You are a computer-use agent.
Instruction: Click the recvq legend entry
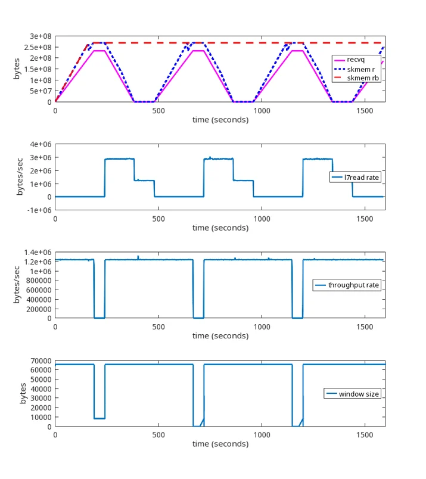tap(350, 60)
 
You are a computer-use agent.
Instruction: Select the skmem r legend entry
tap(355, 69)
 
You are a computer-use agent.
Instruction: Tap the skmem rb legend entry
tap(356, 78)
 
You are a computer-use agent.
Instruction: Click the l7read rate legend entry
tap(355, 177)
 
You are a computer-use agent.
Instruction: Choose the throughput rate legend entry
tap(347, 285)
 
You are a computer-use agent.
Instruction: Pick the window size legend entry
tap(353, 394)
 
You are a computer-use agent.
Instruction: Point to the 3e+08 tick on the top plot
tap(41, 36)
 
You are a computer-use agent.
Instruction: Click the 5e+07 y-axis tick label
tap(41, 91)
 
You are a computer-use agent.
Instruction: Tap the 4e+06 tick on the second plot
tap(41, 144)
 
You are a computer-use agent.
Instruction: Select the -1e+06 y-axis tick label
tap(39, 210)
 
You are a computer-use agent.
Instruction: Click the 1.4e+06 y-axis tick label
tap(38, 253)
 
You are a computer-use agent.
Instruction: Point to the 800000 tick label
tap(39, 281)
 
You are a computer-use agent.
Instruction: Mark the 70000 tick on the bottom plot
tap(41, 361)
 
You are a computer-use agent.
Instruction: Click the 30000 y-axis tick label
tap(41, 399)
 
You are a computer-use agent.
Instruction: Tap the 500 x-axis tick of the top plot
tap(158, 111)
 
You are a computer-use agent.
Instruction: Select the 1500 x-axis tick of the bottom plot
tap(365, 435)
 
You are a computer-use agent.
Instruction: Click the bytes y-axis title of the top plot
tap(17, 69)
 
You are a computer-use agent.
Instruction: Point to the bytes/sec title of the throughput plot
tap(17, 285)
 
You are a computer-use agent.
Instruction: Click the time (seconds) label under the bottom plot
tap(220, 444)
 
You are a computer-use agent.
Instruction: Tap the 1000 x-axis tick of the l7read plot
tap(262, 219)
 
